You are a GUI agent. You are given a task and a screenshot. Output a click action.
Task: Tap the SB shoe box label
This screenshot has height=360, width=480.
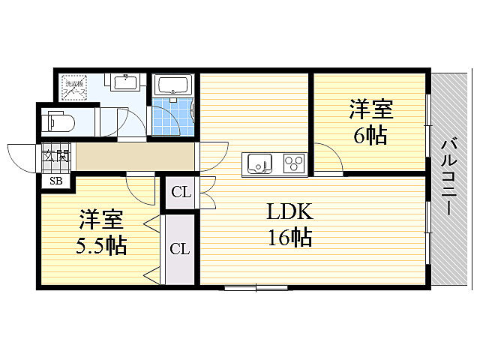tap(56, 180)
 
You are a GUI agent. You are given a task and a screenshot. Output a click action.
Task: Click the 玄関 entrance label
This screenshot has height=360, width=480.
tap(56, 157)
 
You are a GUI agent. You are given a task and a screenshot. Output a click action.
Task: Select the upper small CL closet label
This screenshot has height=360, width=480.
tap(181, 193)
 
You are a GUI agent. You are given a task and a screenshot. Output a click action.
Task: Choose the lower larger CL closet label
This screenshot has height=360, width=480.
tap(179, 249)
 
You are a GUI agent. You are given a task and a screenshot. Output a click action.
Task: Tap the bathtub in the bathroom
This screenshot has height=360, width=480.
tap(173, 85)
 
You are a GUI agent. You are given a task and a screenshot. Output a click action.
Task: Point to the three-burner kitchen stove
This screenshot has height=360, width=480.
tap(292, 163)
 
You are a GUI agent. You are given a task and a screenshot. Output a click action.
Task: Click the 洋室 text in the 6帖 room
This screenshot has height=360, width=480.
tap(370, 109)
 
